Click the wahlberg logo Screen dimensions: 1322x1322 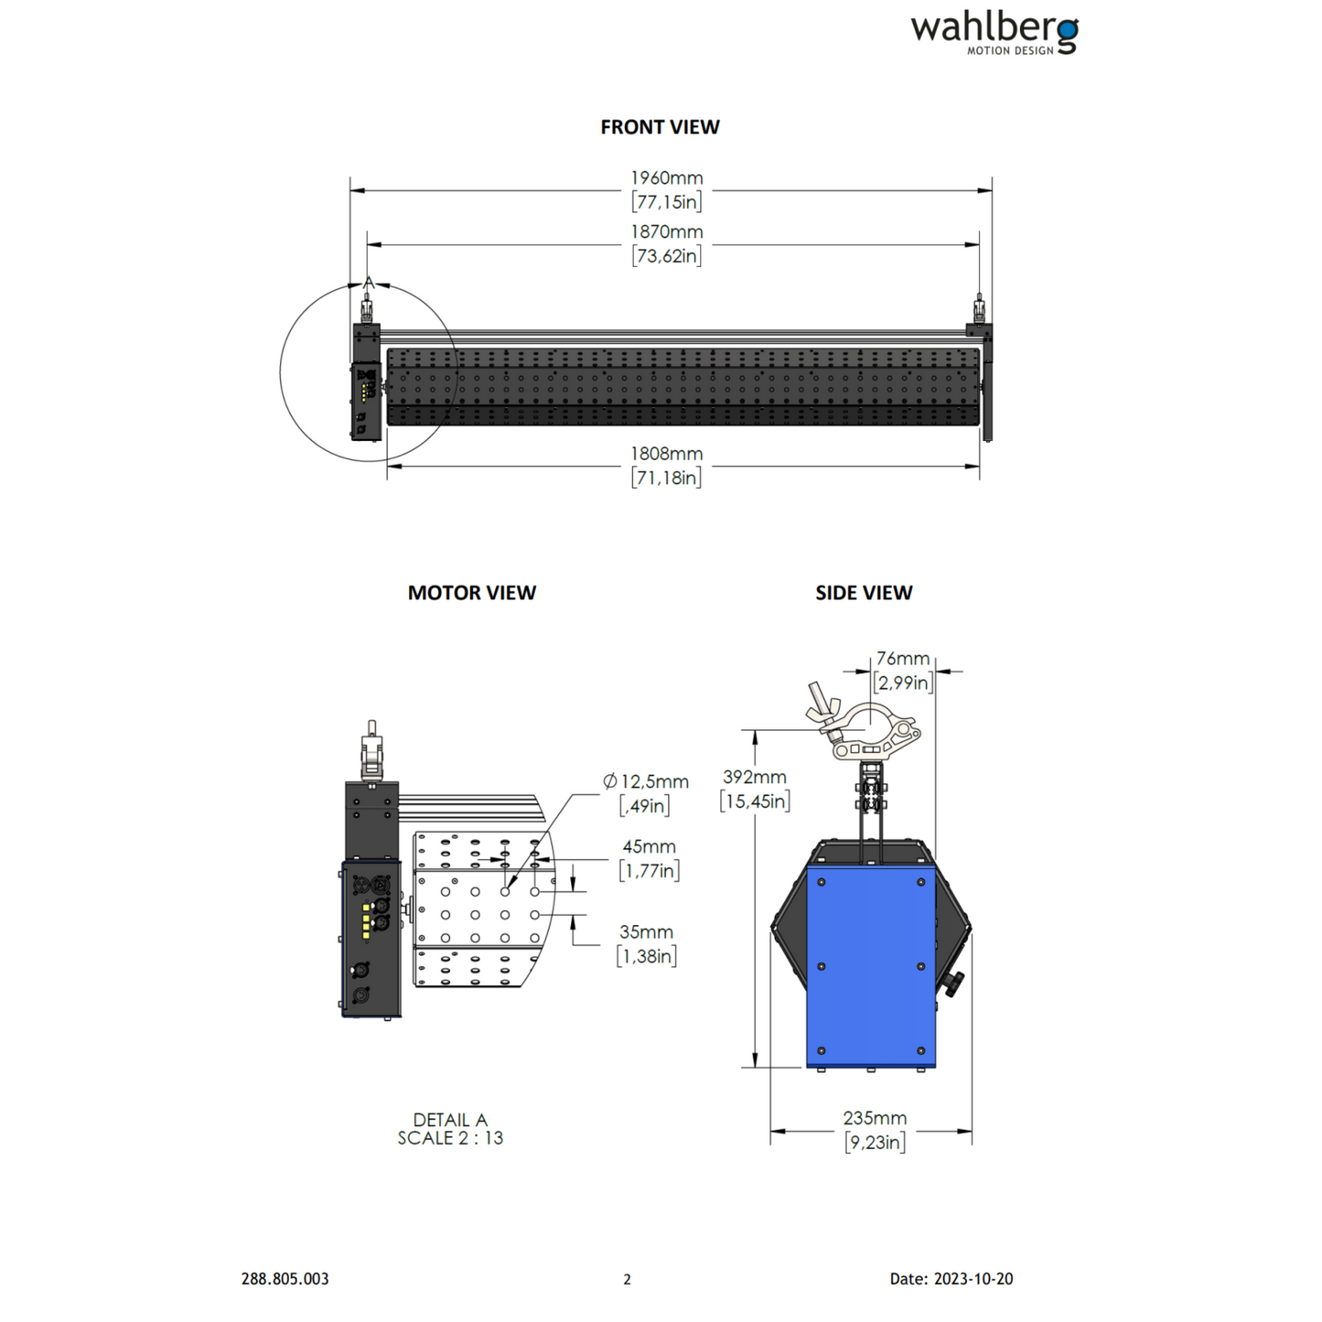click(x=994, y=34)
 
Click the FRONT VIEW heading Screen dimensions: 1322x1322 click(x=660, y=127)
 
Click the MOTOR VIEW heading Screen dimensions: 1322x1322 click(x=471, y=593)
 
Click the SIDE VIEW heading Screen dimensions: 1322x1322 click(x=864, y=593)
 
